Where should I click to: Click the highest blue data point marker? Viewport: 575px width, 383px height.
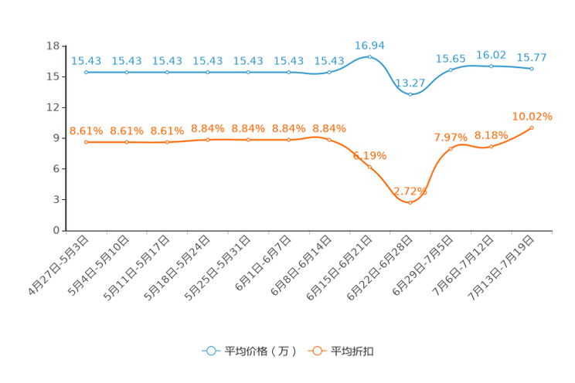369,57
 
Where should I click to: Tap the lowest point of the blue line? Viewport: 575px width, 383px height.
410,93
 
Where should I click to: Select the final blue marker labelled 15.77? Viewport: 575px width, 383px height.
532,69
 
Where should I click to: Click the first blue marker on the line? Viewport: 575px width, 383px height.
87,73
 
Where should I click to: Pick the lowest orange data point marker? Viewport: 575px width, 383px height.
410,202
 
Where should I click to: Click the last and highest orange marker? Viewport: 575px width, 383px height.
532,127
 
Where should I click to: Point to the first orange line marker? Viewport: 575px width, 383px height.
87,142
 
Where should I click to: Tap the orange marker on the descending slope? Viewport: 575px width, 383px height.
369,167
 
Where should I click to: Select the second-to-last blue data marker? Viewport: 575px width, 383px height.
492,66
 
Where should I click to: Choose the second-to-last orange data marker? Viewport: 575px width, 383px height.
492,145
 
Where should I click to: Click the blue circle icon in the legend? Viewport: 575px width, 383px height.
210,351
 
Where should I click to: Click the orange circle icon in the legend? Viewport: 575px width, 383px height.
317,351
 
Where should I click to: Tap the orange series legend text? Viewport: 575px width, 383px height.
354,351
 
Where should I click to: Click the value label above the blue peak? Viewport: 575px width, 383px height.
369,46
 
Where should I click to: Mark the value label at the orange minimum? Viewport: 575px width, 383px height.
410,191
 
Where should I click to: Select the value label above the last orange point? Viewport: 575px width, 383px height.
533,117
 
